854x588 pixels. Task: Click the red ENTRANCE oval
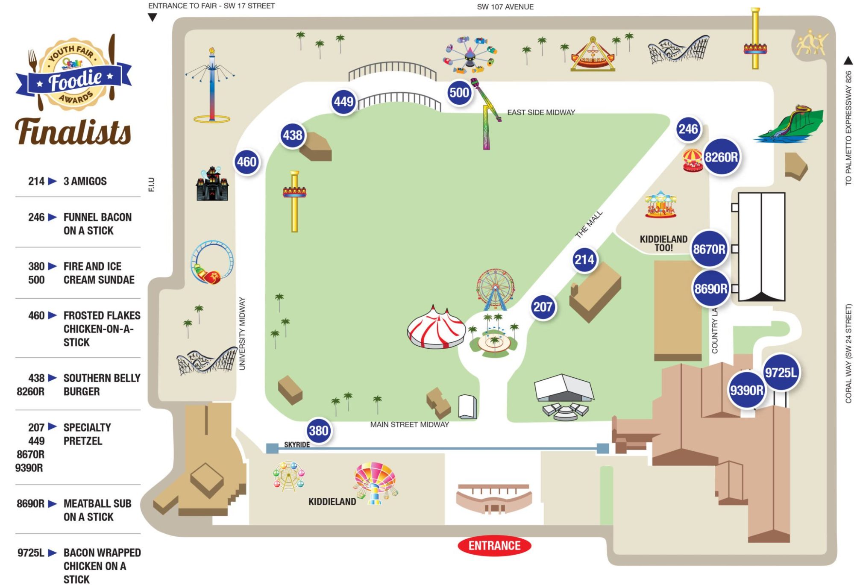pyautogui.click(x=494, y=546)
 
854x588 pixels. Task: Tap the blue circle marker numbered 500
pyautogui.click(x=459, y=92)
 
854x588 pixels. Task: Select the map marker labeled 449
pyautogui.click(x=343, y=102)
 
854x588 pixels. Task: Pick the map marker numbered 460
pyautogui.click(x=247, y=162)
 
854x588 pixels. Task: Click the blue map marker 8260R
pyautogui.click(x=721, y=157)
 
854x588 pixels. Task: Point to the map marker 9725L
pyautogui.click(x=781, y=372)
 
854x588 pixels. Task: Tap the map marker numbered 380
pyautogui.click(x=319, y=430)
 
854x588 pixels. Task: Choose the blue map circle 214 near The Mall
pyautogui.click(x=584, y=259)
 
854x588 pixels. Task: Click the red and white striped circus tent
pyautogui.click(x=436, y=327)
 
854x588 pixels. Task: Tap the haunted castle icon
pyautogui.click(x=212, y=184)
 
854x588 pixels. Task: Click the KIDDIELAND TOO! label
pyautogui.click(x=663, y=243)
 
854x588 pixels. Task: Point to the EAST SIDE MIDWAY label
pyautogui.click(x=541, y=112)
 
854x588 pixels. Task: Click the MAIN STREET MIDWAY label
pyautogui.click(x=409, y=424)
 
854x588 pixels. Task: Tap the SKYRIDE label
pyautogui.click(x=297, y=444)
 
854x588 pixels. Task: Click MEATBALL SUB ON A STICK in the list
pyautogui.click(x=97, y=510)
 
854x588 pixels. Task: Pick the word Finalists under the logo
pyautogui.click(x=73, y=131)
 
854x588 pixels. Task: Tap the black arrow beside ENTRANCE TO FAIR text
pyautogui.click(x=153, y=18)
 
